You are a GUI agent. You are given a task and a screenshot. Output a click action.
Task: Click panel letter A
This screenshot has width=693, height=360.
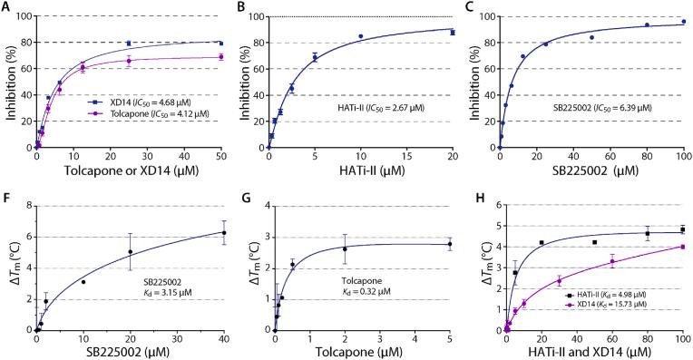[8, 7]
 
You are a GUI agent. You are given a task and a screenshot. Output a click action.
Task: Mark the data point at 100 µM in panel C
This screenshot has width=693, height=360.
[683, 22]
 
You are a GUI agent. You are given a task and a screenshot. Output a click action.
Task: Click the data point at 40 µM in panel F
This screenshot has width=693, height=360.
[223, 233]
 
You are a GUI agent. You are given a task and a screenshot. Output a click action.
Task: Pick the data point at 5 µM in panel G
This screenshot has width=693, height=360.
[449, 244]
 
